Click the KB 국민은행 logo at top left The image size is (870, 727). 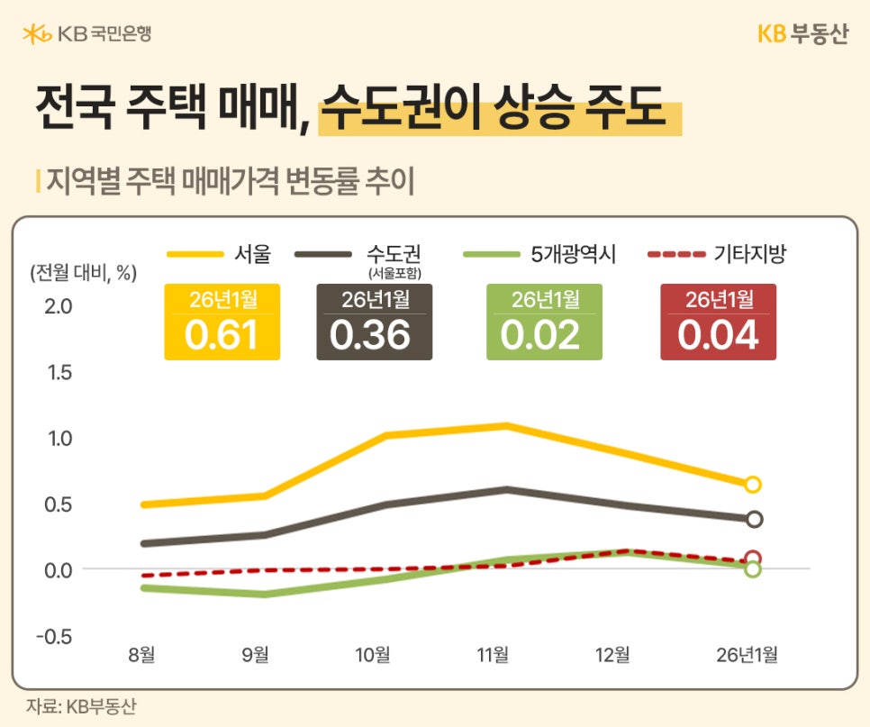coord(87,34)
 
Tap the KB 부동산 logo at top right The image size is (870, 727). coord(802,34)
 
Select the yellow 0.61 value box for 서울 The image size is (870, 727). coord(222,322)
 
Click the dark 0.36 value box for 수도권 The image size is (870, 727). coord(374,322)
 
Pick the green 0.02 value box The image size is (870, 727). coord(544,322)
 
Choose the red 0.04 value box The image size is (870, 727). coord(718,322)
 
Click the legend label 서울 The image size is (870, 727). coord(252,254)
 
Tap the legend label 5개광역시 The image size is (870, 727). coord(573,254)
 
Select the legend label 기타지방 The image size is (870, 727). coord(749,254)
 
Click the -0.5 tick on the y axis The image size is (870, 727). coord(55,636)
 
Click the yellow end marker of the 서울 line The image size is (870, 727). coord(753,485)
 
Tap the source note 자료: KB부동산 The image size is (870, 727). coord(81,706)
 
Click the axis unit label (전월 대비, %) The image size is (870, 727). coord(84,272)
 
